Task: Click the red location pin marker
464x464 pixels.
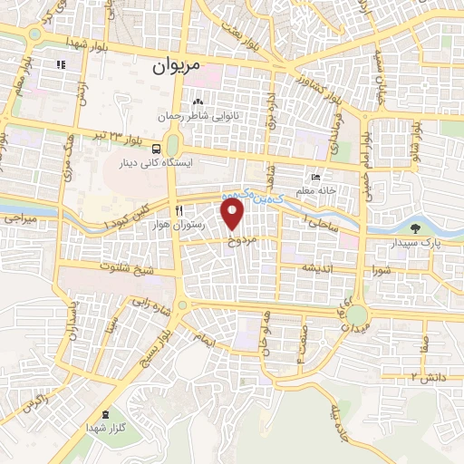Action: [x=234, y=216]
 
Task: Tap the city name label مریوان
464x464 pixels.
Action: [x=174, y=64]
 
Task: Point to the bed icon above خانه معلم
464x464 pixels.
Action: [x=314, y=177]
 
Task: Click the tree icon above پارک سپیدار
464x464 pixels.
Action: [x=415, y=228]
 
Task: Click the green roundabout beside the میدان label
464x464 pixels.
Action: [x=357, y=314]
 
